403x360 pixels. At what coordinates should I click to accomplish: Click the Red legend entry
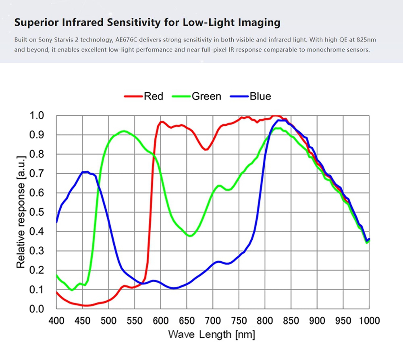pos(144,96)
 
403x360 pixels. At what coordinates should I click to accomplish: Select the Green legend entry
pos(197,96)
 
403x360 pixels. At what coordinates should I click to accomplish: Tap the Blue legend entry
pos(251,96)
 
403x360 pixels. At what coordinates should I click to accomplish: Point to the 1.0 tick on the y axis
pos(37,115)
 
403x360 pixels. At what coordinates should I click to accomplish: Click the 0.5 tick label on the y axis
pos(37,212)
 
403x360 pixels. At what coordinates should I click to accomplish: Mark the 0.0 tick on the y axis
pos(37,309)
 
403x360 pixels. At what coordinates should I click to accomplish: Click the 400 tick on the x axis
pos(56,320)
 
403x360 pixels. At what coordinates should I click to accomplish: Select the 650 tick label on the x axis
pos(187,320)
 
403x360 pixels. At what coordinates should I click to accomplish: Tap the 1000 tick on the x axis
pos(369,320)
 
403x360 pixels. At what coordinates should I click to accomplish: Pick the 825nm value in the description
pos(366,40)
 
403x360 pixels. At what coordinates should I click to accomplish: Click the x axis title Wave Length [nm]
pos(212,335)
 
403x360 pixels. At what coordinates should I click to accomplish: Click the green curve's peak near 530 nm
pos(124,131)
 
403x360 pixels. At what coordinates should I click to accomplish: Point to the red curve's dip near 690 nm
pos(206,150)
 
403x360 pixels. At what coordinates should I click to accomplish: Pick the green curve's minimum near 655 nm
pos(190,236)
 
